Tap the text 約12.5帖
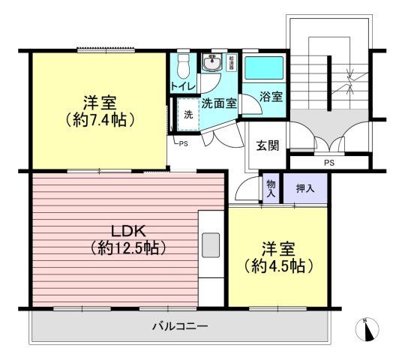(127, 247)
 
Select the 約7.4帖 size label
(98, 118)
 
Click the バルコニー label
(179, 326)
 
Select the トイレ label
(184, 86)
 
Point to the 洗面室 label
(219, 105)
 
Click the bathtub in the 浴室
(263, 69)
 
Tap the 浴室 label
(271, 97)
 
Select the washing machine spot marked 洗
(187, 115)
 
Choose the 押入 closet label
(305, 188)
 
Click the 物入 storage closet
(271, 189)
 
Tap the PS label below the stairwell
(328, 162)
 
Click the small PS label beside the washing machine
(183, 144)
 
